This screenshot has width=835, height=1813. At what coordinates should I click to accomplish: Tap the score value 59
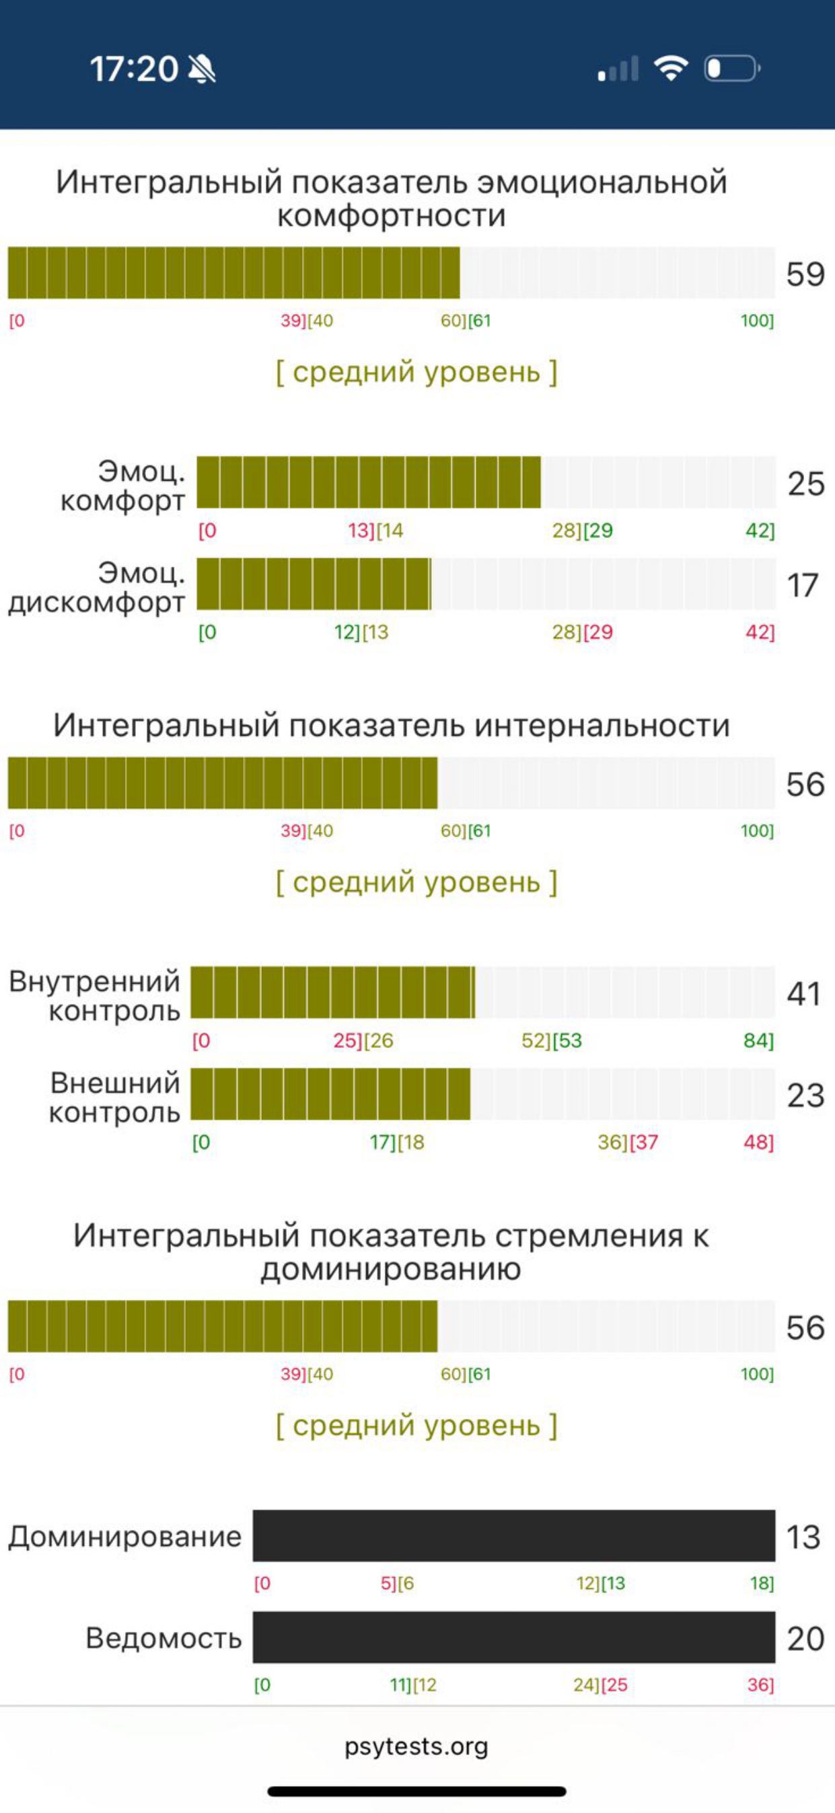pos(805,274)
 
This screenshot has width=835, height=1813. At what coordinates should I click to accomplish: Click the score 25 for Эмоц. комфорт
pos(805,484)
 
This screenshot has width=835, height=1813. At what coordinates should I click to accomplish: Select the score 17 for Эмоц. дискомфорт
pos(803,585)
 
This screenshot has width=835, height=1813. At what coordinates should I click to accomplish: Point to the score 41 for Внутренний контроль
pos(804,993)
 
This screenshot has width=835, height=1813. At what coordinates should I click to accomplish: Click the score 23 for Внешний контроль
pos(805,1094)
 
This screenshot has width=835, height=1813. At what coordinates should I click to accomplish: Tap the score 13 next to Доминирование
pos(803,1537)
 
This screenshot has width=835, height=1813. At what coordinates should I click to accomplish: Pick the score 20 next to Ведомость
pos(805,1638)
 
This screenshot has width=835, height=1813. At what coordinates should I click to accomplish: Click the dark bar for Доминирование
pos(514,1536)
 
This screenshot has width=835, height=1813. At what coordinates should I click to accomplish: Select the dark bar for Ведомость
pos(514,1637)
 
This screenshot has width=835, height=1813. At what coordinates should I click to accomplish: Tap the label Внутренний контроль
pos(95,995)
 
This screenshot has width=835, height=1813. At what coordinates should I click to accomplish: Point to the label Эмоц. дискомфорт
pos(97,587)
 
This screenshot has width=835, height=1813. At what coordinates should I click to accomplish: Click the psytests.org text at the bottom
pos(416,1746)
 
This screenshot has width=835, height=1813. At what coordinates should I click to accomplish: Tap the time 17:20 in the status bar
pos(134,69)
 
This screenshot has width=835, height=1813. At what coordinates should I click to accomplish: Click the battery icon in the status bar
pos(732,69)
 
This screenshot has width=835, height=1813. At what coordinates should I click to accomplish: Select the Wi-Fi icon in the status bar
pos(670,69)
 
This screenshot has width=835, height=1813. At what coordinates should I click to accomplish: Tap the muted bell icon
pos(202,69)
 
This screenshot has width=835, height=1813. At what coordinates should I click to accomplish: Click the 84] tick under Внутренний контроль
pos(758,1040)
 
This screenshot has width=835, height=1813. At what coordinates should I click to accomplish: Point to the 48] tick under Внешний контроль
pos(758,1142)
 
